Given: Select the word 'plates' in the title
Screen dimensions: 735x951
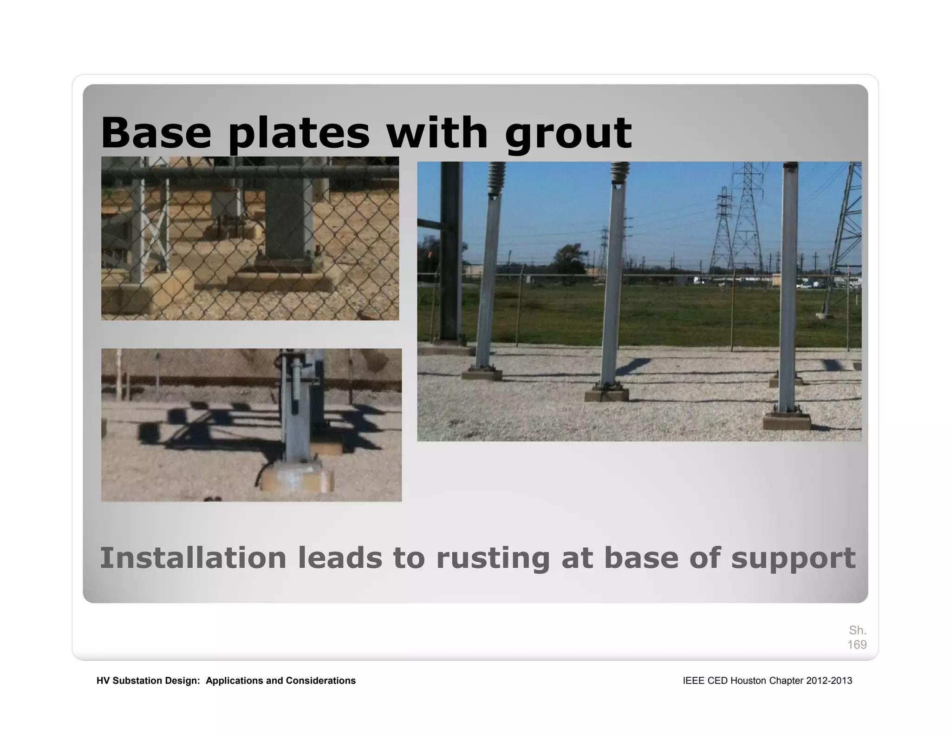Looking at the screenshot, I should (x=300, y=134).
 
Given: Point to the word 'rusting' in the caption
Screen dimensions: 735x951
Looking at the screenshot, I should (x=493, y=558).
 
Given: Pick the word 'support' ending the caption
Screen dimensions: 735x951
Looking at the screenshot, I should (x=793, y=559).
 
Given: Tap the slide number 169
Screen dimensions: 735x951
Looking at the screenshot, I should (x=857, y=644).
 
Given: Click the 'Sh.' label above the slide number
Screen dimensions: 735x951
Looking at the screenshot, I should (x=858, y=630).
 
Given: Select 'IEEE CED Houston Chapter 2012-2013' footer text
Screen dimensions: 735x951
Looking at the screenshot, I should (x=767, y=681).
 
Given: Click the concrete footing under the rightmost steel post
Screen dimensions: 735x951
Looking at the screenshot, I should (x=787, y=422).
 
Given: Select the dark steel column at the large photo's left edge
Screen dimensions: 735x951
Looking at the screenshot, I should (x=450, y=251).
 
